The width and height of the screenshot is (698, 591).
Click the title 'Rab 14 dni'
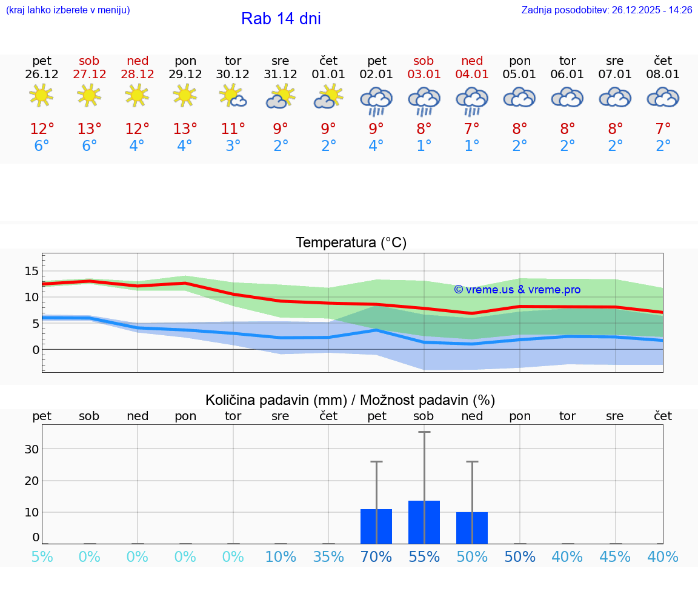[281, 19]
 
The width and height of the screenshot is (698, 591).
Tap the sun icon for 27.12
[89, 96]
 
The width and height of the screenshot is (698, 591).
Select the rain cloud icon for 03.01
[424, 100]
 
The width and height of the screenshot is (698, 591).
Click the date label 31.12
[281, 75]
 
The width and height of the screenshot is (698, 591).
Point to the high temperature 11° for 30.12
[233, 129]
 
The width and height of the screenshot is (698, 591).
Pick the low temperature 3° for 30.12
[233, 146]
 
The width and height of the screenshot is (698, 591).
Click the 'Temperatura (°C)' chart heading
[351, 243]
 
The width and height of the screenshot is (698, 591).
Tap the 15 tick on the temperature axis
[32, 270]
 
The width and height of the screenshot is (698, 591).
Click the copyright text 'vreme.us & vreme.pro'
[517, 290]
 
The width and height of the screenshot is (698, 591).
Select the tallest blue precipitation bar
[424, 522]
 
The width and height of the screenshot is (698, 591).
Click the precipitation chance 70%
[376, 557]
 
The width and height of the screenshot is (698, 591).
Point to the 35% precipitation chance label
[328, 557]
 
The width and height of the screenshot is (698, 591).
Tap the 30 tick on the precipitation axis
[32, 449]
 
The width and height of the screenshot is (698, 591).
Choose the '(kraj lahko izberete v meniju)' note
[68, 10]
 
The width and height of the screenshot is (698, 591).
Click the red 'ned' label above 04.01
[472, 61]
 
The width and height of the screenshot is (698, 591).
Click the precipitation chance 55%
[424, 557]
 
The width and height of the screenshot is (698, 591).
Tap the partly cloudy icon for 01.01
[328, 97]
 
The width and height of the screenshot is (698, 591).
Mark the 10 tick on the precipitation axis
[32, 512]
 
